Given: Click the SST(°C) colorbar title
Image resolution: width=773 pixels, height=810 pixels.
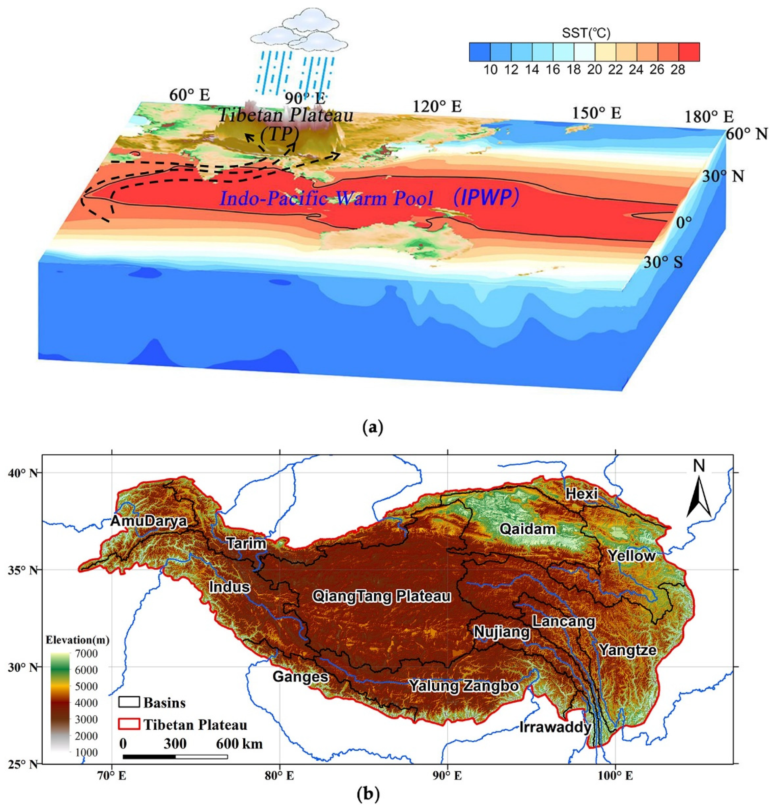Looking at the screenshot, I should click(x=584, y=33).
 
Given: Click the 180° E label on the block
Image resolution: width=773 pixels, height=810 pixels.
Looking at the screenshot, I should click(x=709, y=117).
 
